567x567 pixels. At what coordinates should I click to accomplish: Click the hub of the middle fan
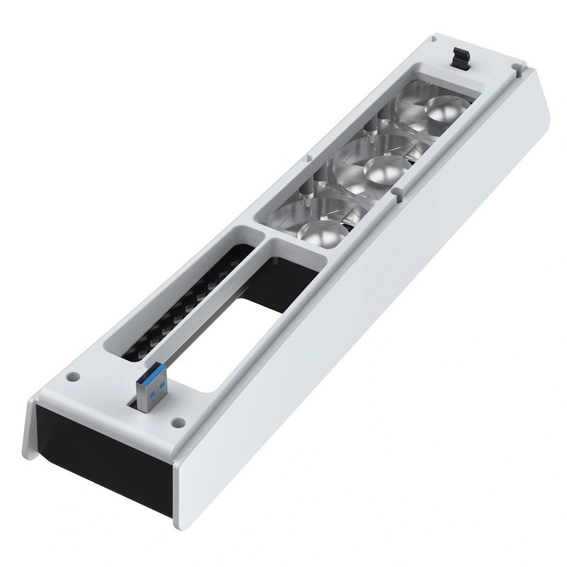point(382,169)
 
